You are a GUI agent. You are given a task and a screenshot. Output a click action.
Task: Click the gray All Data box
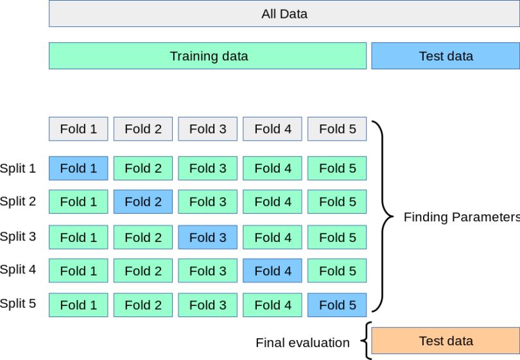point(284,13)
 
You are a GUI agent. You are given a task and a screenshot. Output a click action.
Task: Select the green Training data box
point(208,56)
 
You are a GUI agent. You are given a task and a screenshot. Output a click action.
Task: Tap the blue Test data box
point(446,56)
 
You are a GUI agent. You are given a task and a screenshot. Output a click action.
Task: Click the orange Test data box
point(446,341)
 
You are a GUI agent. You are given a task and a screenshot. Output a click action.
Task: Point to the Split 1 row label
point(18,168)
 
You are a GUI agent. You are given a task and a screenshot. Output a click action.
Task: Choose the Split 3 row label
point(18,236)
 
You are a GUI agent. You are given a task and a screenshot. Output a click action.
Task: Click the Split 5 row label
point(18,304)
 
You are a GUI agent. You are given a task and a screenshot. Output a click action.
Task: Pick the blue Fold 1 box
point(78,168)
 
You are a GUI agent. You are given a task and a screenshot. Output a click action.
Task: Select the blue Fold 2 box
point(143,201)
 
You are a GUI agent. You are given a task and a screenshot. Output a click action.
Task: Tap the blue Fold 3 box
point(207,237)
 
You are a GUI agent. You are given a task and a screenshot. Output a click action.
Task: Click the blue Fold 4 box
point(273,271)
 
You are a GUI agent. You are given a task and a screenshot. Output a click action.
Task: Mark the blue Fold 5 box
point(337,305)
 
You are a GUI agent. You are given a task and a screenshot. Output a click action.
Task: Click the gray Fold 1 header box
point(78,129)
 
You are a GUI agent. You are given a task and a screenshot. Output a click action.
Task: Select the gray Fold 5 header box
point(337,129)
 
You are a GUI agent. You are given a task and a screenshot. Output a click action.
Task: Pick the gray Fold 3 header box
point(207,129)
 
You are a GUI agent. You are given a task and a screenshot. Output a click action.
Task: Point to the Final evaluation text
point(302,343)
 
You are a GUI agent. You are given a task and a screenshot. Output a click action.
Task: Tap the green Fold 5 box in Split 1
point(337,168)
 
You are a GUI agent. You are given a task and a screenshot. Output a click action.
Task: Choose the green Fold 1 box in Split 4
point(78,271)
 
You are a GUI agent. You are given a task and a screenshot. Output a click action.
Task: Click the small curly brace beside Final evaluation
point(366,341)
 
